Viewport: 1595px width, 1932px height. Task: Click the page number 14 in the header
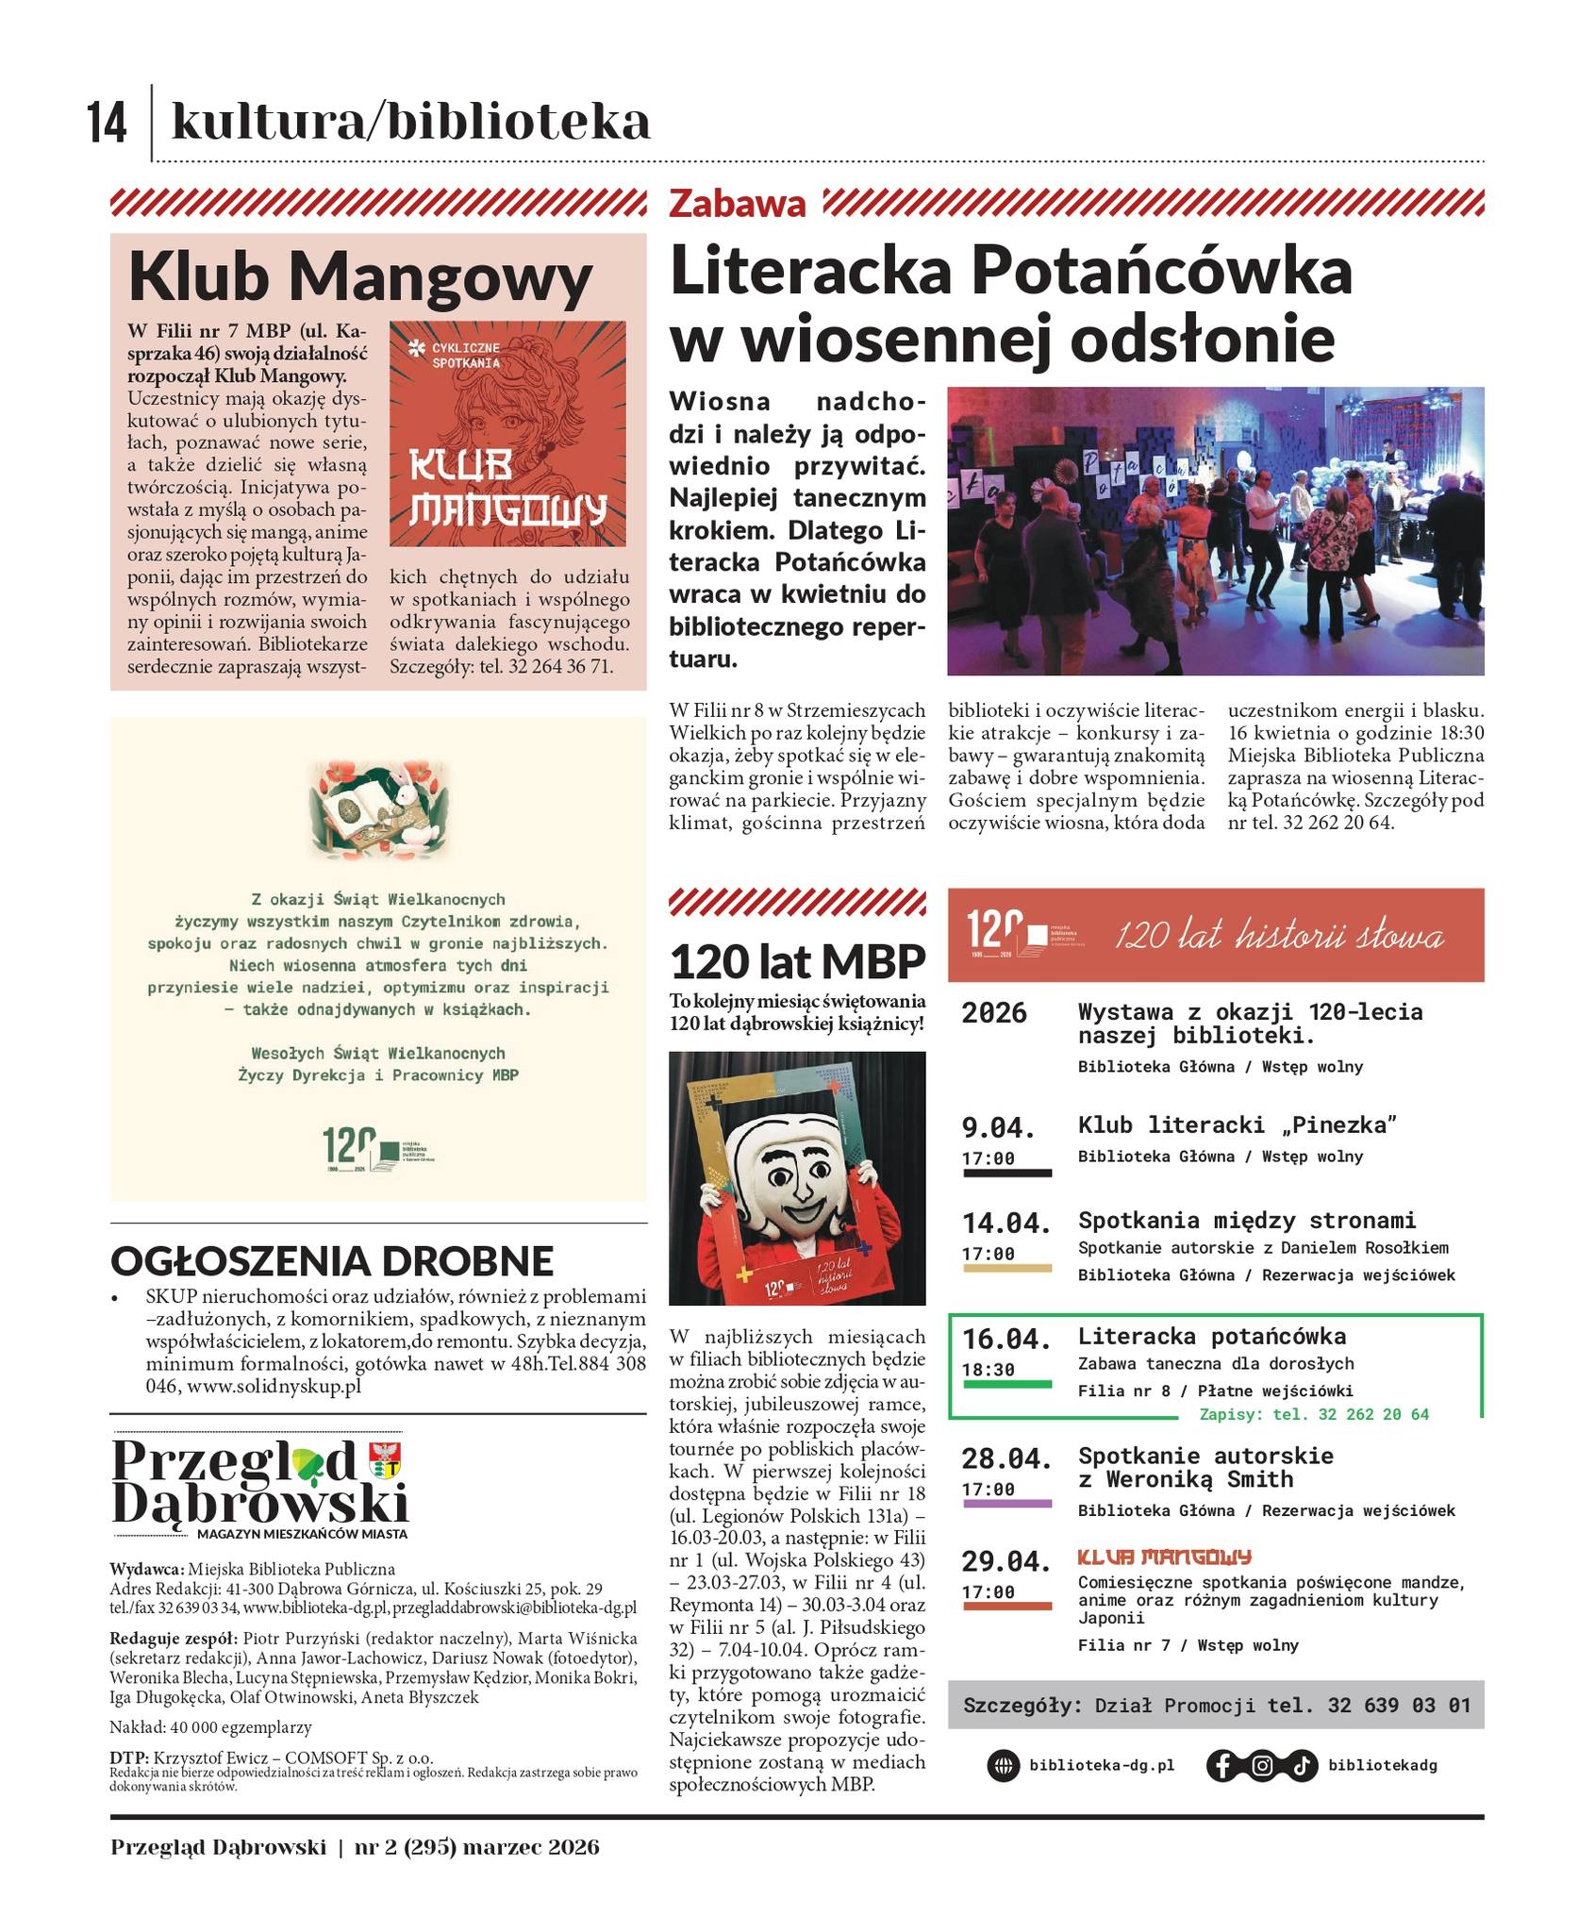click(x=108, y=123)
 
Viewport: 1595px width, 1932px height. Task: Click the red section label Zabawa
click(x=738, y=204)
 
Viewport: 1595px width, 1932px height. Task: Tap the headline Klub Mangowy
click(x=359, y=277)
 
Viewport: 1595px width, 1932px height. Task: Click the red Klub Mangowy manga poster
click(x=507, y=434)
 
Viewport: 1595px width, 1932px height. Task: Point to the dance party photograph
click(x=1215, y=530)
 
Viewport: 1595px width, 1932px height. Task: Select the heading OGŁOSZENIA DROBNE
click(x=332, y=1260)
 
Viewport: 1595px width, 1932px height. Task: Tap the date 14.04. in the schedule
click(x=1005, y=1223)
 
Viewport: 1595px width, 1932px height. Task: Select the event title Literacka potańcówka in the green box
click(x=1212, y=1336)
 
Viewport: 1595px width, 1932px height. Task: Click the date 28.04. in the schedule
click(x=1005, y=1458)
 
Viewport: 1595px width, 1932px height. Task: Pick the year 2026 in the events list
click(x=994, y=1013)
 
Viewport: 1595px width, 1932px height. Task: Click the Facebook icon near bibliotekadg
click(x=1221, y=1765)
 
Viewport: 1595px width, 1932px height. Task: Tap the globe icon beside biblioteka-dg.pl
click(x=1003, y=1765)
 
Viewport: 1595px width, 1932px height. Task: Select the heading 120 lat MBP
click(x=797, y=962)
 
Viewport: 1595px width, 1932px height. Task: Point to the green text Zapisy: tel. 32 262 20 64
click(x=1314, y=1414)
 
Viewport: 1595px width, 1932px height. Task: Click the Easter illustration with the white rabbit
click(x=378, y=804)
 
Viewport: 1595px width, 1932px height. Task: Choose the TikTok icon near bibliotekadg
click(x=1301, y=1765)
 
